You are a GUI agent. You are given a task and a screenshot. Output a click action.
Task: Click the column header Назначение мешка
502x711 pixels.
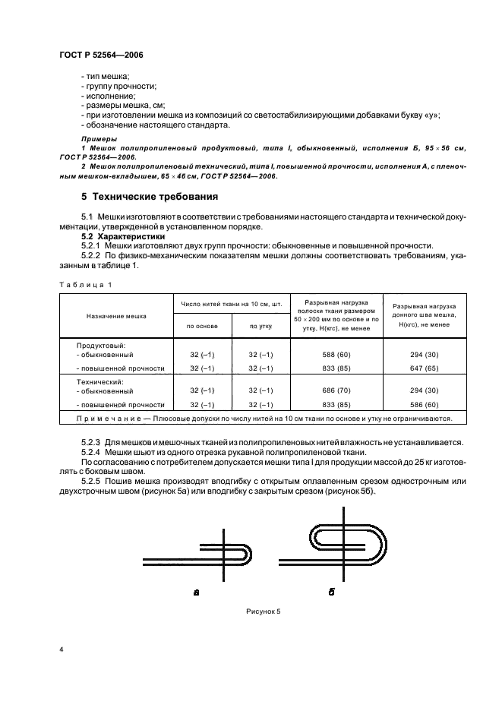coord(115,315)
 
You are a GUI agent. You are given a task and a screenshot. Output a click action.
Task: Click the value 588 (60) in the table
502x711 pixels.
coord(335,354)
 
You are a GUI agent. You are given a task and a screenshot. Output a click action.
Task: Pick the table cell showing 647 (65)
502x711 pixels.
coord(424,368)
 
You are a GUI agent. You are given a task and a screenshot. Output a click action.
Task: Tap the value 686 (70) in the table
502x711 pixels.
coord(335,390)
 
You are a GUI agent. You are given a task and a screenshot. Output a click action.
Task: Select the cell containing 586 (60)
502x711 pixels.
coord(424,405)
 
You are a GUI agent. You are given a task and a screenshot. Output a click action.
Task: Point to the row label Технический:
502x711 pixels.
coord(101,381)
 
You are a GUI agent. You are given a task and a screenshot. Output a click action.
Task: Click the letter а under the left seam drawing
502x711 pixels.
coord(197,591)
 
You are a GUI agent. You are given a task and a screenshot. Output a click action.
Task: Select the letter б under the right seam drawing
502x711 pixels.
coord(331,591)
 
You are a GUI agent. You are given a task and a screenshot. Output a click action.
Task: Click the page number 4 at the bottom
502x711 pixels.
coord(61,650)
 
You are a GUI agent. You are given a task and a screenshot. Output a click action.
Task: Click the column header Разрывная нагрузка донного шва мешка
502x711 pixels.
coord(424,314)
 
